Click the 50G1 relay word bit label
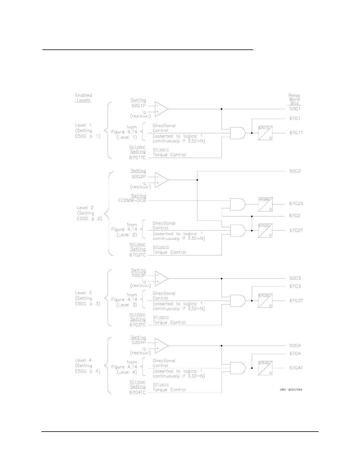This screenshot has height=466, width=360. [x=295, y=109]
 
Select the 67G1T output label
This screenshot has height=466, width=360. [x=296, y=133]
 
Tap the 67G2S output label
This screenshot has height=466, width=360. [x=296, y=204]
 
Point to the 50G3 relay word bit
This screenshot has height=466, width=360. [x=295, y=278]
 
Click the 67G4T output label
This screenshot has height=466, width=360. [x=296, y=368]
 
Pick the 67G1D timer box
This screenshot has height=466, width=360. [x=265, y=133]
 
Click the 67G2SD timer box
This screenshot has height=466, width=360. [x=265, y=204]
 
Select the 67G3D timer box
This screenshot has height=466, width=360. [x=265, y=301]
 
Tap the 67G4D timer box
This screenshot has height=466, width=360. [x=265, y=368]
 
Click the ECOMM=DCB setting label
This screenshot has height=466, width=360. [x=130, y=201]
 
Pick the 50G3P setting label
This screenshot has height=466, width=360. [x=139, y=276]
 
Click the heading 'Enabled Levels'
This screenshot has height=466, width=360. [x=84, y=98]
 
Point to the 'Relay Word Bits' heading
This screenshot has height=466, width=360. [x=294, y=99]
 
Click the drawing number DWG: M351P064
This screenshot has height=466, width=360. [x=291, y=390]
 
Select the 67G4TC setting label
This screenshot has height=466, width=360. [x=137, y=393]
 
